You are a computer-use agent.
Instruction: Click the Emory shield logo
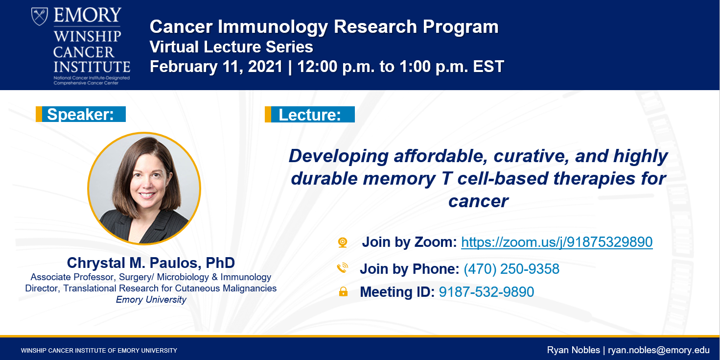(40, 16)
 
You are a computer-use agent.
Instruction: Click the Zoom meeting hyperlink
(557, 242)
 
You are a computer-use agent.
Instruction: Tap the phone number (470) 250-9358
(511, 269)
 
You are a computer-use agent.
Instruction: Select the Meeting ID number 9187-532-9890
(487, 292)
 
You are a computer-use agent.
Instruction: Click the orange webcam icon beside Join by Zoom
(343, 242)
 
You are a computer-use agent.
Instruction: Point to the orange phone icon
(342, 268)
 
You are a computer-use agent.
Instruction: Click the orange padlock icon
(343, 291)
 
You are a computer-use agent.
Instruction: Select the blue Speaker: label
(81, 114)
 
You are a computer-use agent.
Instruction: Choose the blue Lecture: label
(310, 115)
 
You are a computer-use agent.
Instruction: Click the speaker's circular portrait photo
(144, 189)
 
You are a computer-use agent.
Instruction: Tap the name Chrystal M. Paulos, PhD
(151, 263)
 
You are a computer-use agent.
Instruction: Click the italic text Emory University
(151, 300)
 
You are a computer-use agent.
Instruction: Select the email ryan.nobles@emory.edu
(659, 350)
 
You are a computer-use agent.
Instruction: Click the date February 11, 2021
(216, 67)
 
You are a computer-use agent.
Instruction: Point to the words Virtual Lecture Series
(231, 47)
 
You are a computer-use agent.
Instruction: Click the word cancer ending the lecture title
(478, 201)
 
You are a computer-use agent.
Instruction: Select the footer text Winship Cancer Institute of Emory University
(99, 350)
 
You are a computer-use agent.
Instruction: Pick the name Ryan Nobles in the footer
(574, 350)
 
